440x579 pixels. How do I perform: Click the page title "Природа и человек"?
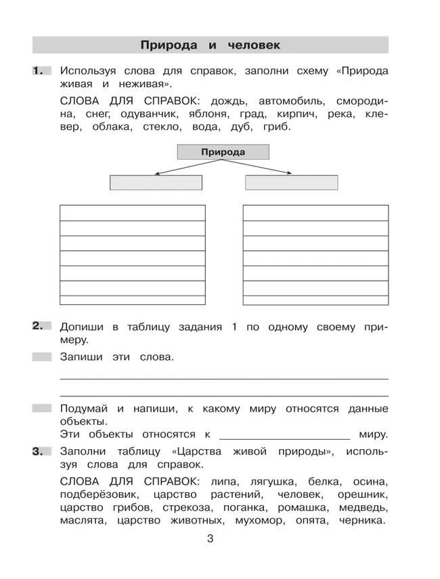210,45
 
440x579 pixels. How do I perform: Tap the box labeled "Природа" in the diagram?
223,152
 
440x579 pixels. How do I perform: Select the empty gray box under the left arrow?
156,183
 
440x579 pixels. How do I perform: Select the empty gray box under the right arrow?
291,183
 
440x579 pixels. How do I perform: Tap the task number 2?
40,327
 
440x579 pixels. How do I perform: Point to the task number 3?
40,452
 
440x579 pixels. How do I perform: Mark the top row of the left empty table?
133,212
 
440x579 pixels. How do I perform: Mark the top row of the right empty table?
315,212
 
